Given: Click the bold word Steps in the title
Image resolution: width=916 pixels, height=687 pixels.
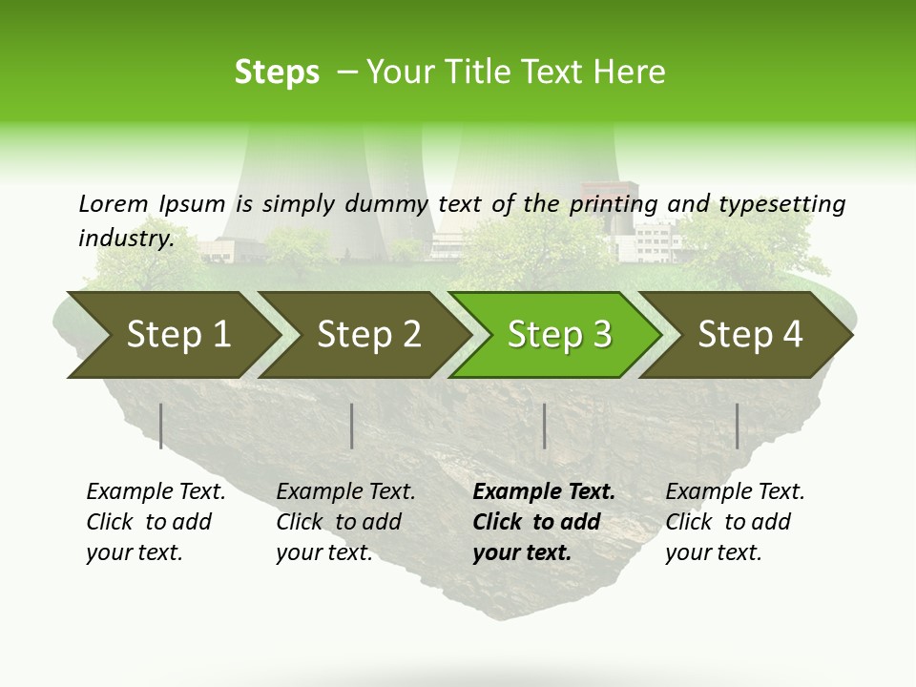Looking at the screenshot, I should (277, 72).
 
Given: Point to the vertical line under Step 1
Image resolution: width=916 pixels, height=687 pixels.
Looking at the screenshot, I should (161, 426).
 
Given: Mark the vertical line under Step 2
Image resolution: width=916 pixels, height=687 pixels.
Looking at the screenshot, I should (352, 426).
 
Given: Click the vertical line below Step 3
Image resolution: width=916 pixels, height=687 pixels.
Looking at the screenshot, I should (544, 426).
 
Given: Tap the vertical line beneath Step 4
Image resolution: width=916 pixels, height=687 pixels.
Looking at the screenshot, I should (737, 426).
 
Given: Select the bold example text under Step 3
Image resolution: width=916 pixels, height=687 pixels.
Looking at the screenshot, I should (544, 522).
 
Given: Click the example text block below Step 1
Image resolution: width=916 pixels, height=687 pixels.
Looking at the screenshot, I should (156, 522).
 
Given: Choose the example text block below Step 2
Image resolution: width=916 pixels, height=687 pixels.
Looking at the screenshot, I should (345, 522).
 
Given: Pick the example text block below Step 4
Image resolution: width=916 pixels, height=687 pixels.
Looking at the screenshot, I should (735, 522).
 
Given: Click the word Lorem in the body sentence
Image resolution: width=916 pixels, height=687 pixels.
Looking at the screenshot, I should (113, 203).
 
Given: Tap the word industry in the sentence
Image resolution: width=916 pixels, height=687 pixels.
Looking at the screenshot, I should (125, 238).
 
